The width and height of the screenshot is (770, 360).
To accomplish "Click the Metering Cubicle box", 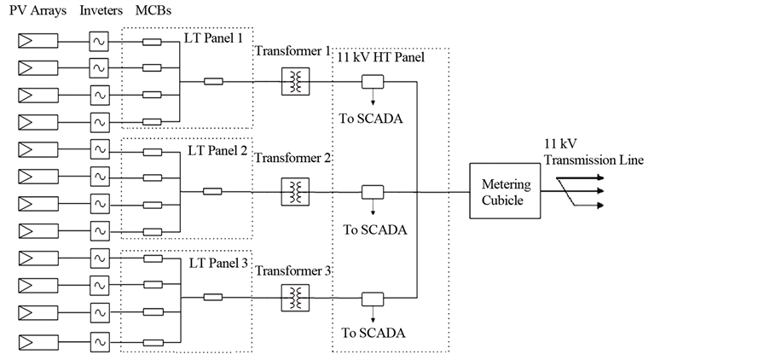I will tap(506, 192).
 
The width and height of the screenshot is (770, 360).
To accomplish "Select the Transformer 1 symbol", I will tap(295, 82).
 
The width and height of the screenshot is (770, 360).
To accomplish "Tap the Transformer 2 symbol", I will tap(295, 192).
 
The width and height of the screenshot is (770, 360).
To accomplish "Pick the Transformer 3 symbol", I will tap(295, 298).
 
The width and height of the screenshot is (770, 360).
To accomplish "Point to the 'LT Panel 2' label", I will tap(217, 151).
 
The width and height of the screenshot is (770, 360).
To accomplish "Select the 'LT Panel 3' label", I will tap(217, 262).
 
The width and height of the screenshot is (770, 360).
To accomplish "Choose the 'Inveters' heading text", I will tap(102, 10).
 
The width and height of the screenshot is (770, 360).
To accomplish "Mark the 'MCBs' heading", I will tap(153, 10).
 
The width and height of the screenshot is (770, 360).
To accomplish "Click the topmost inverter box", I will tap(99, 41).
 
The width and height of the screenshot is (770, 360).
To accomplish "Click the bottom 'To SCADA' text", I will tap(373, 333).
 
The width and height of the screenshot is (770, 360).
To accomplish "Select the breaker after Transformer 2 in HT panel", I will tap(373, 192).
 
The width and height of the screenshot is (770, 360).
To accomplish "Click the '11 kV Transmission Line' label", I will tap(593, 153).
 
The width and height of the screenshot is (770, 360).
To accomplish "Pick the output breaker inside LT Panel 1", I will tap(214, 82).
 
